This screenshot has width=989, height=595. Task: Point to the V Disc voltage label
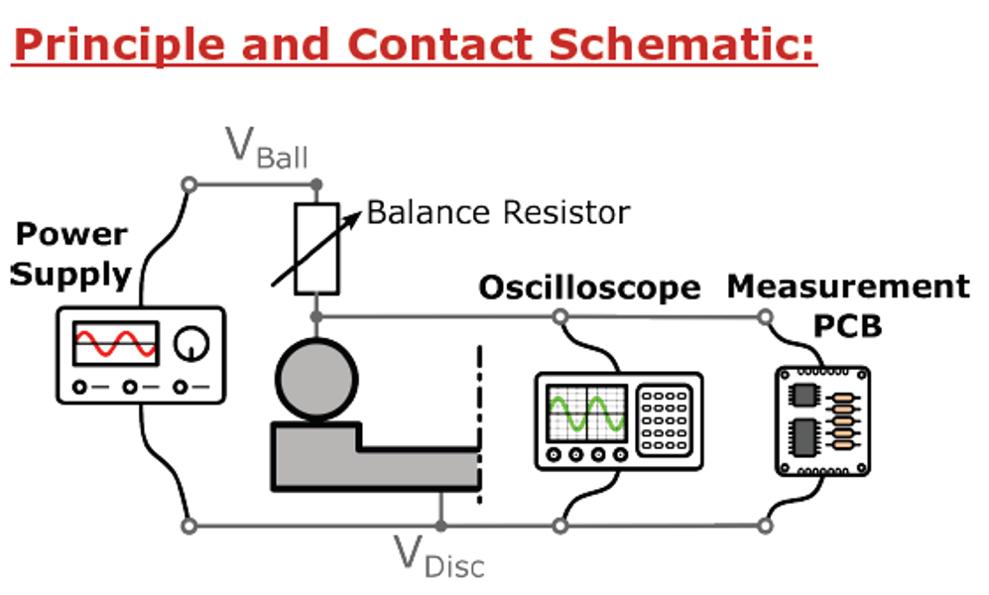click(x=439, y=557)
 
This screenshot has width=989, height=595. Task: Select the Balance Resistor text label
click(x=498, y=212)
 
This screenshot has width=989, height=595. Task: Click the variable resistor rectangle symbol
click(x=316, y=248)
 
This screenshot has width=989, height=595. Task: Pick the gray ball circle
click(x=316, y=380)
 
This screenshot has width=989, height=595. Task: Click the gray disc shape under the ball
click(x=376, y=456)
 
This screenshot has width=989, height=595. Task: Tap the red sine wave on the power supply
click(x=115, y=343)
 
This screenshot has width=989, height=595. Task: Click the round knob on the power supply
click(x=191, y=343)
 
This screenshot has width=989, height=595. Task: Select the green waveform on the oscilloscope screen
click(x=586, y=413)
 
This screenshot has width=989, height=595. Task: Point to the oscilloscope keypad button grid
click(x=664, y=419)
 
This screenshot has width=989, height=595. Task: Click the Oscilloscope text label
click(x=590, y=288)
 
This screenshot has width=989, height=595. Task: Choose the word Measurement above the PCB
click(x=848, y=287)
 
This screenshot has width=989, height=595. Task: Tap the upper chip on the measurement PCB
click(x=804, y=396)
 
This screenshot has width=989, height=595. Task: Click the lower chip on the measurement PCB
click(x=804, y=436)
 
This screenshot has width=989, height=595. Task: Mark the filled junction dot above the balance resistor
click(x=316, y=184)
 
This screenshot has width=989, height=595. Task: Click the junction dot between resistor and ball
click(x=316, y=316)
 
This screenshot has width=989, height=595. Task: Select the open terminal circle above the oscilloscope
click(x=560, y=316)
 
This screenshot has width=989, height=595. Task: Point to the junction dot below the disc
click(x=440, y=526)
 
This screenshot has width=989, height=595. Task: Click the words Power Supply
click(x=70, y=254)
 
